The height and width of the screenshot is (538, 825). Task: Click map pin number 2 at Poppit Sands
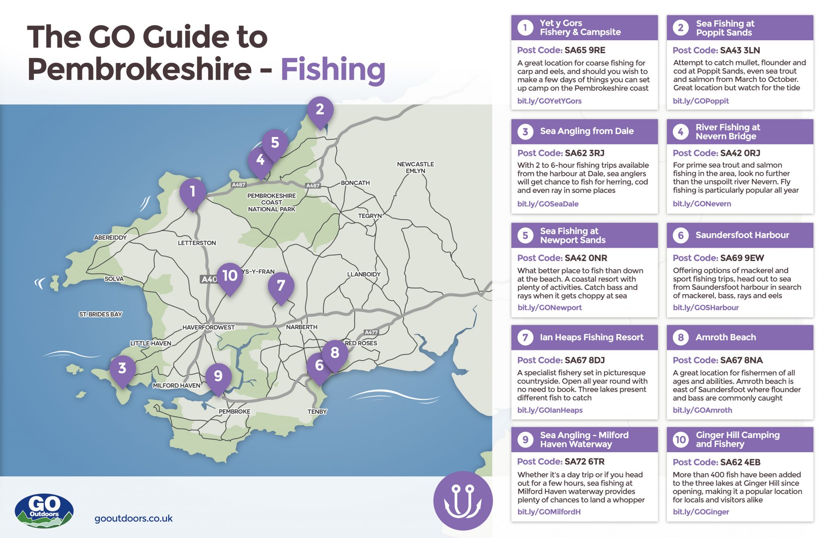tap(320, 110)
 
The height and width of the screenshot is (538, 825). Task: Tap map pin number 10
tap(230, 276)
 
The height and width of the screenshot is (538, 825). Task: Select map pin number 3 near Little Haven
tap(122, 368)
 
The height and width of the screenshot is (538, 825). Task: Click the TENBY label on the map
tap(317, 412)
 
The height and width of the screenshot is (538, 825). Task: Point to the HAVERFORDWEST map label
tap(208, 327)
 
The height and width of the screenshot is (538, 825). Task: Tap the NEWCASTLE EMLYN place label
tap(415, 168)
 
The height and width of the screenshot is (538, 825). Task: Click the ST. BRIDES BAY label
tap(100, 314)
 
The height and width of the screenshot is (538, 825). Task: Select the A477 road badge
tap(371, 332)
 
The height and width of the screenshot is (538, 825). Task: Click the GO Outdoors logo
tap(44, 510)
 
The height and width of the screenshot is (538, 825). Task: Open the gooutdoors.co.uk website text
tap(133, 519)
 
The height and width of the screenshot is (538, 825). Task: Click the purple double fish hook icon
tap(463, 501)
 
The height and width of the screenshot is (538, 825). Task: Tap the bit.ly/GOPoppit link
tap(701, 101)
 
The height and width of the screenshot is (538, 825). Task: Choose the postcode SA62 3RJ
tap(585, 153)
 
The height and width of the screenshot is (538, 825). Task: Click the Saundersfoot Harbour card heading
tap(742, 235)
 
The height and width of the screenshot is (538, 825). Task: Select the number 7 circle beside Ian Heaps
tap(525, 337)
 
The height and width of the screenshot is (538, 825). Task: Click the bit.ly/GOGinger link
tap(701, 512)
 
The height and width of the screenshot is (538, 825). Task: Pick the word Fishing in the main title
tap(333, 69)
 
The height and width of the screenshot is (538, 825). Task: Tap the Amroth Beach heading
tap(726, 337)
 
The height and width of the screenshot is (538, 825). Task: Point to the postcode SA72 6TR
tap(585, 462)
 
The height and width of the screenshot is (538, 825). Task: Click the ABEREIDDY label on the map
tap(110, 238)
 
